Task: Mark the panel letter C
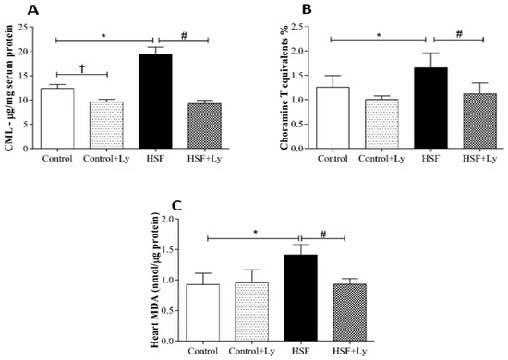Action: (162, 195)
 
